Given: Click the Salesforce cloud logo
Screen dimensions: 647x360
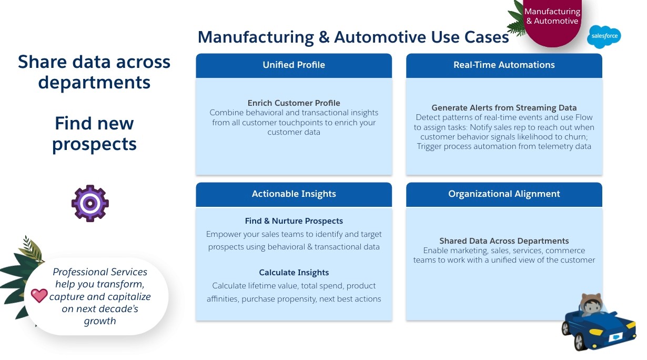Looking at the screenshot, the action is pyautogui.click(x=604, y=37).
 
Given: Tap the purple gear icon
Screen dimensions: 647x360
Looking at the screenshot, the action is pyautogui.click(x=90, y=203).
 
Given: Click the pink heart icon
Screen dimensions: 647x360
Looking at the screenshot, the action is pyautogui.click(x=39, y=295).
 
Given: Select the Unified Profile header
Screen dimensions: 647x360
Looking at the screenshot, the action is pyautogui.click(x=294, y=65).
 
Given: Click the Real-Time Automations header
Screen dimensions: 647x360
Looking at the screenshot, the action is pyautogui.click(x=504, y=65).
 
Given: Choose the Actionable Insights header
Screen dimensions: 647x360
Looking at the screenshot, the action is pyautogui.click(x=294, y=194).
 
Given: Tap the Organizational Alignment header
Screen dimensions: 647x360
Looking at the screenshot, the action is pyautogui.click(x=504, y=194).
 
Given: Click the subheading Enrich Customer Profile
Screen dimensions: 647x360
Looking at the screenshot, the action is pyautogui.click(x=294, y=103).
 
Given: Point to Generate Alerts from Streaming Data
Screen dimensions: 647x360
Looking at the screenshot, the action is pyautogui.click(x=504, y=108).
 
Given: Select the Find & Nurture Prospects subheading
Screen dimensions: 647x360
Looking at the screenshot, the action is pyautogui.click(x=294, y=221).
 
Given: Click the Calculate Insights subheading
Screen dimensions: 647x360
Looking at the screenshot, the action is pyautogui.click(x=294, y=273).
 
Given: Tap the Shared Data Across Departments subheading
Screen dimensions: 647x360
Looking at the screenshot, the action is pyautogui.click(x=504, y=241).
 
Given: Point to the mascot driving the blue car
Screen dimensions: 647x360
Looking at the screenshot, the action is pyautogui.click(x=592, y=306).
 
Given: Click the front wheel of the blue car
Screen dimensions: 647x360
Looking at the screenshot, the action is pyautogui.click(x=579, y=343).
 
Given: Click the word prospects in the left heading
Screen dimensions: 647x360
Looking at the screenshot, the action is pyautogui.click(x=94, y=144).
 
